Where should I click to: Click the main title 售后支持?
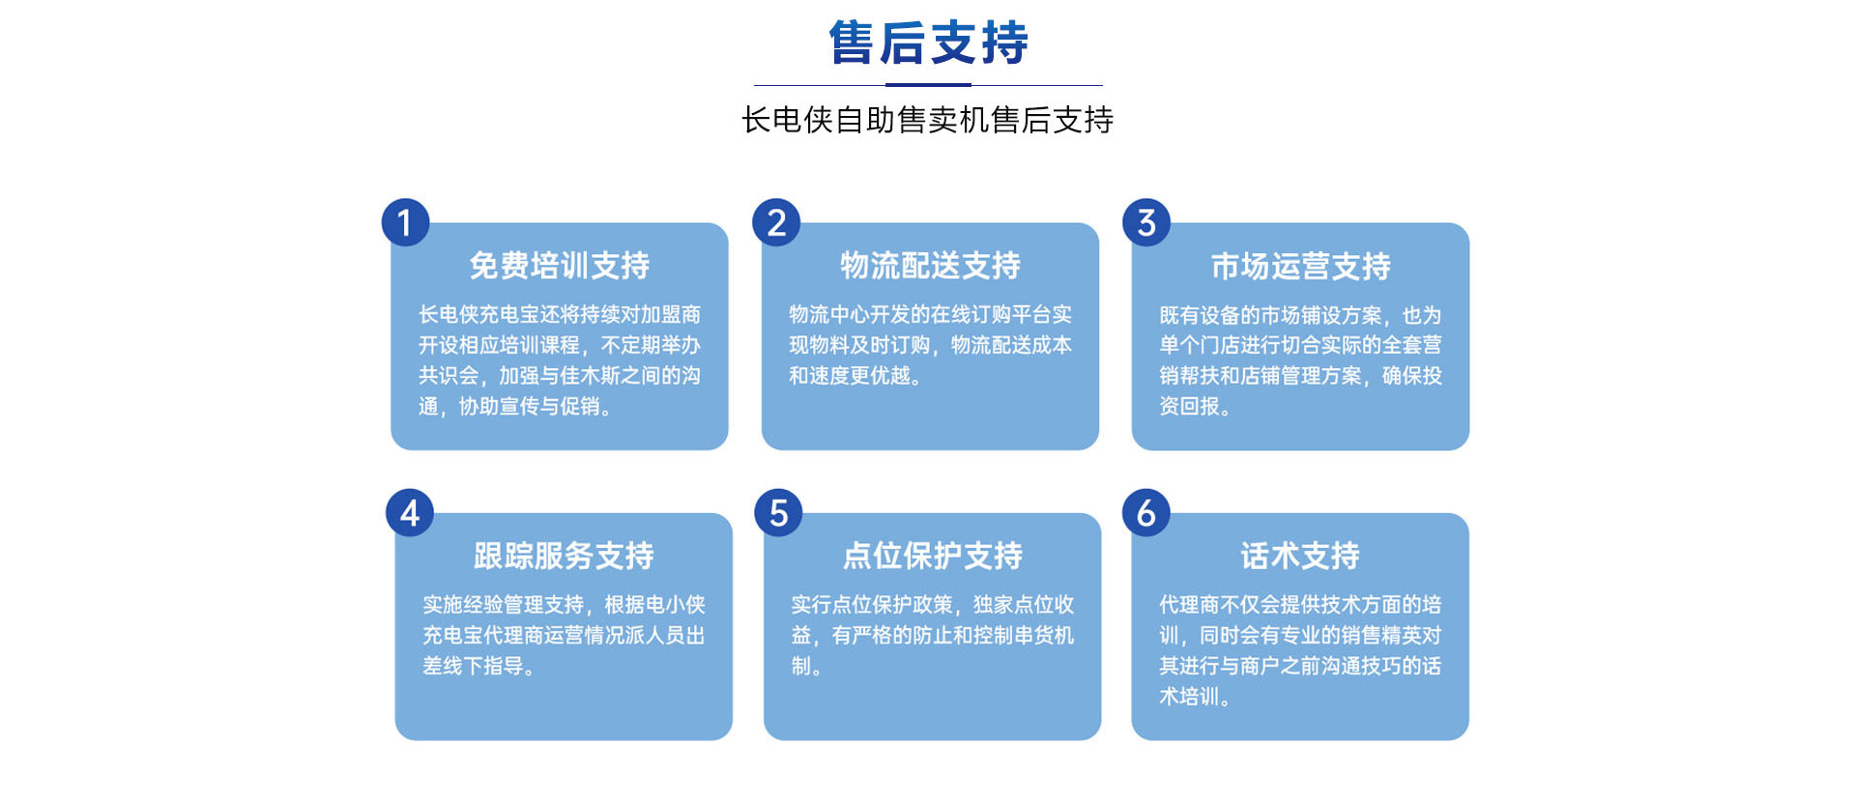coord(928,43)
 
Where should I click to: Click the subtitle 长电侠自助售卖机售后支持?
coord(928,120)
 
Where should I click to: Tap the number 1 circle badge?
coord(405,222)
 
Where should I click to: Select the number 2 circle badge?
coord(776,222)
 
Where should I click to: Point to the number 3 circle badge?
coord(1146,222)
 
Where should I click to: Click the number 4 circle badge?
coord(410,512)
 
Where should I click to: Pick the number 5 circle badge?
coord(778,512)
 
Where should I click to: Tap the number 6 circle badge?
coord(1146,512)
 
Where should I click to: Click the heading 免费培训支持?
coord(560,266)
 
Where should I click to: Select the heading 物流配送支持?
coord(930,266)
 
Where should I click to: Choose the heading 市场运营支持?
coord(1301,266)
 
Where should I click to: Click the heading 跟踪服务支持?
coord(564,556)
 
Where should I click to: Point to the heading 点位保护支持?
coord(933,556)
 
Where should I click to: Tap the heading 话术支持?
coord(1300,556)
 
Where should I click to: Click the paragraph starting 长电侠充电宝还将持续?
coord(560,360)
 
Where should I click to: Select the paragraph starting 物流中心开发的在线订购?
coord(930,345)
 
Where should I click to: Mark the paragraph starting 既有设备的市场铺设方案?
coord(1301,360)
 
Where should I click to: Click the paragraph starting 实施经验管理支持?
coord(564,635)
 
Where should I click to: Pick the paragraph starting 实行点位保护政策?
coord(933,635)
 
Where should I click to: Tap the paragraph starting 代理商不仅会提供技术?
coord(1300,650)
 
